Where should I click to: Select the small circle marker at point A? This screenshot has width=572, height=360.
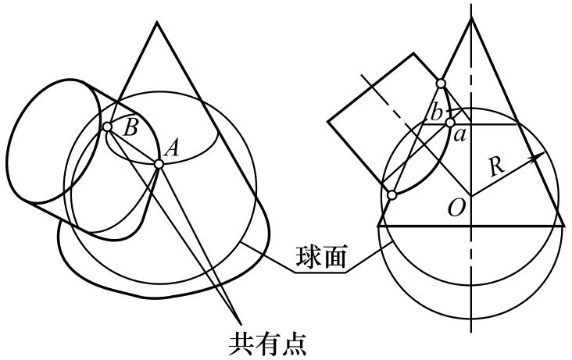[159, 163]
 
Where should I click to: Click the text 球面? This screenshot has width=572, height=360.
[321, 257]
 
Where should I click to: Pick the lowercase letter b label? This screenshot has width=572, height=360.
[435, 112]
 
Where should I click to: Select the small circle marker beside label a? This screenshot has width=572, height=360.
[450, 123]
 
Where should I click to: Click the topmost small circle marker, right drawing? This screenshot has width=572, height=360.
[441, 84]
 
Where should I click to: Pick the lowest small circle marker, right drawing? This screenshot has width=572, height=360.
[392, 194]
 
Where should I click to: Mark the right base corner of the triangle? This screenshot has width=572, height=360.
[563, 225]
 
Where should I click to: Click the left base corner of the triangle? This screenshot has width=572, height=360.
[379, 225]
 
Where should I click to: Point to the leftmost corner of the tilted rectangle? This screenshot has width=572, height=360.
[328, 120]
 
